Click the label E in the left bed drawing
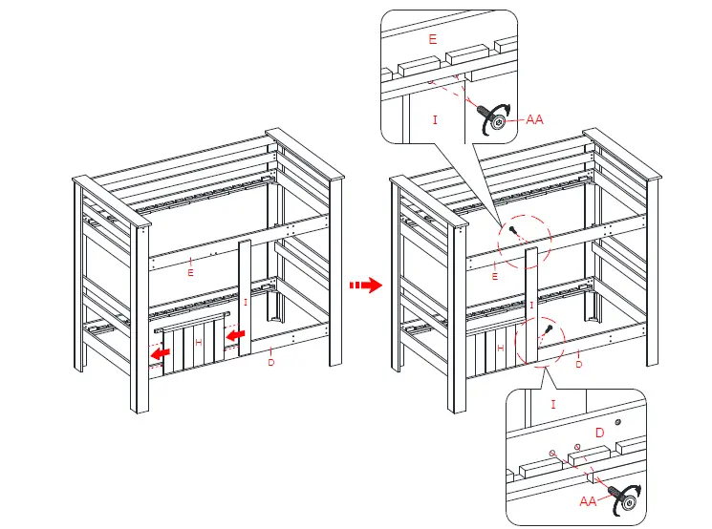(x=191, y=272)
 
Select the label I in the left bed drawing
(x=246, y=301)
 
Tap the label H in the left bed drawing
(x=199, y=341)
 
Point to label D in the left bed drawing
(x=271, y=362)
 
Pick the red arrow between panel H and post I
(x=234, y=334)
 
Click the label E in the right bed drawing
(x=494, y=276)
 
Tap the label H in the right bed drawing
(x=500, y=349)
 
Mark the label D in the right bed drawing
(x=579, y=364)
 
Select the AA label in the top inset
(x=534, y=119)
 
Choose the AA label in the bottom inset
(x=590, y=499)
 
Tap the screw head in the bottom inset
(x=628, y=496)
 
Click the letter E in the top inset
(x=433, y=39)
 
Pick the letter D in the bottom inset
(x=600, y=433)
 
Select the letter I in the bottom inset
(x=552, y=404)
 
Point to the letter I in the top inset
(x=435, y=119)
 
